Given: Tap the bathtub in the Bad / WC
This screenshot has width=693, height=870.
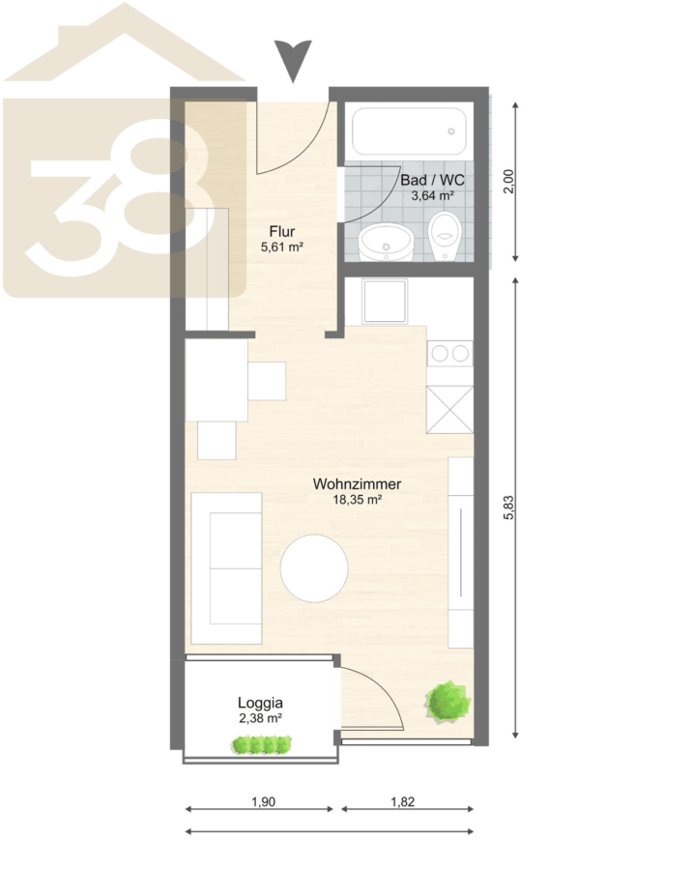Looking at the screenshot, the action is (x=410, y=130).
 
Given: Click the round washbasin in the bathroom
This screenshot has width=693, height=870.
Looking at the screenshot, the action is (x=387, y=243).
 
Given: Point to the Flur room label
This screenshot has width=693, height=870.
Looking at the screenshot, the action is (x=282, y=231).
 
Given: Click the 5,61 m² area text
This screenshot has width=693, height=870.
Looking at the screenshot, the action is (x=282, y=246).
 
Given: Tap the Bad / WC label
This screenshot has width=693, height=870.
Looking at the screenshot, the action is (x=432, y=180).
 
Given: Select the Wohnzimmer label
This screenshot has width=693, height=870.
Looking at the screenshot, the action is (x=357, y=484).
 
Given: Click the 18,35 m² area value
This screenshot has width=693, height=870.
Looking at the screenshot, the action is (x=357, y=500).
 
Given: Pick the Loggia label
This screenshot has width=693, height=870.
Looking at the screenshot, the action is (x=260, y=703).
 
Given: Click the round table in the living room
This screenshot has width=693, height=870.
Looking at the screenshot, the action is (x=314, y=568).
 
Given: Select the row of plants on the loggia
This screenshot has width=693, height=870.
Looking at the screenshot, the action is (x=262, y=744).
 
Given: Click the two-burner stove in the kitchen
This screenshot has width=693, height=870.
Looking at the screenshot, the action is (x=450, y=354).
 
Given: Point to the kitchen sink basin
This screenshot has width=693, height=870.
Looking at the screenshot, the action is (x=385, y=302).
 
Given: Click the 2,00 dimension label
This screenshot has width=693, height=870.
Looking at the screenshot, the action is (x=508, y=182).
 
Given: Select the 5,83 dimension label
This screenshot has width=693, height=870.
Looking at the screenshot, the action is (x=508, y=507).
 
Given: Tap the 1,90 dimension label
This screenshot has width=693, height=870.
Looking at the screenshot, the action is (x=263, y=801).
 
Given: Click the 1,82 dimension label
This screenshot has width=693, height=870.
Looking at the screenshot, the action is (x=403, y=801).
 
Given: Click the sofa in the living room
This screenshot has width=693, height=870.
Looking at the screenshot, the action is (x=226, y=568).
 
